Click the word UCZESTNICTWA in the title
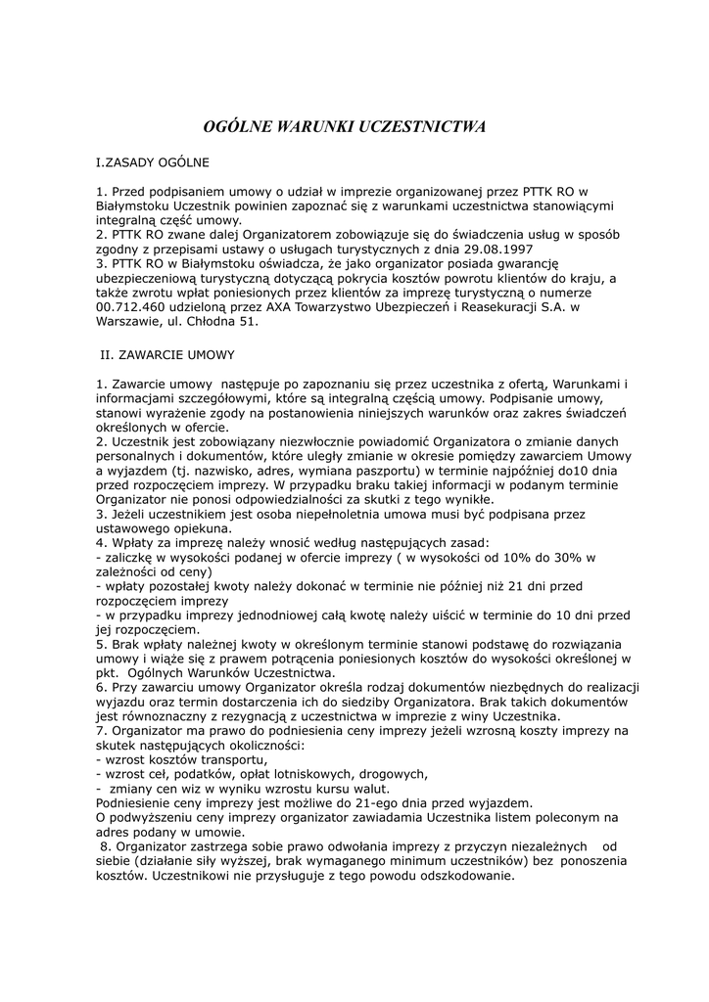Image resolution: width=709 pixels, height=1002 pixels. [x=423, y=127]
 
